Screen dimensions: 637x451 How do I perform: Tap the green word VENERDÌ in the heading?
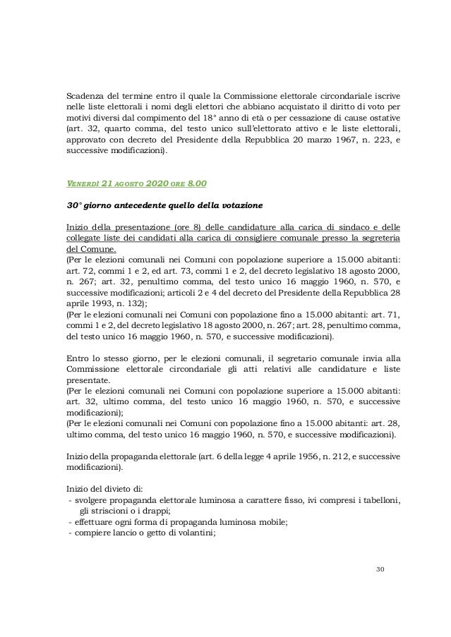tap(77, 186)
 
